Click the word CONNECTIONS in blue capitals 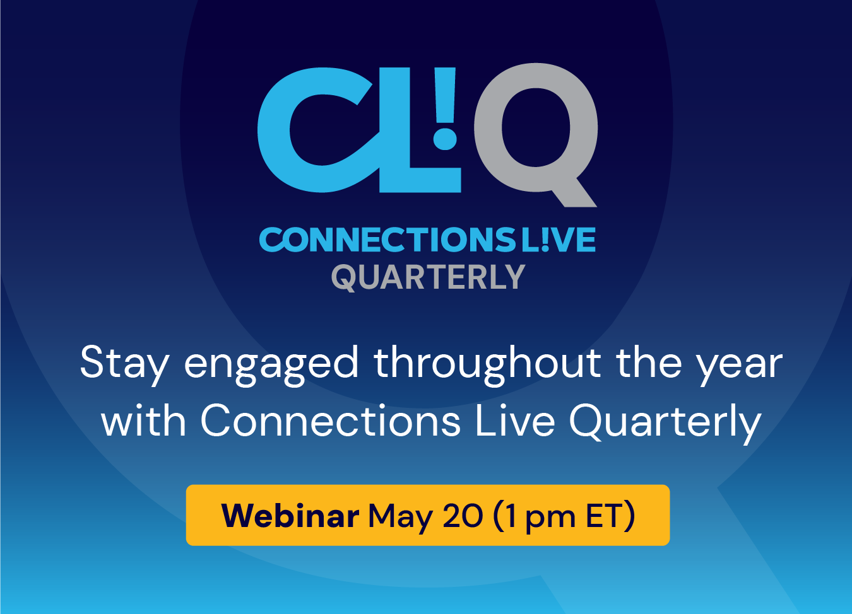click(x=388, y=240)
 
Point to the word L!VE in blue click(x=559, y=240)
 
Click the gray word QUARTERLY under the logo click(x=429, y=278)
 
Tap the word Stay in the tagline click(x=124, y=365)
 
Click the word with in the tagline click(x=143, y=421)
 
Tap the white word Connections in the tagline click(x=331, y=421)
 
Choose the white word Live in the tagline click(x=515, y=421)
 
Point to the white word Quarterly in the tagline click(x=665, y=424)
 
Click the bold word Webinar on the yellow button click(x=290, y=516)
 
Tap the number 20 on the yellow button click(x=463, y=516)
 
